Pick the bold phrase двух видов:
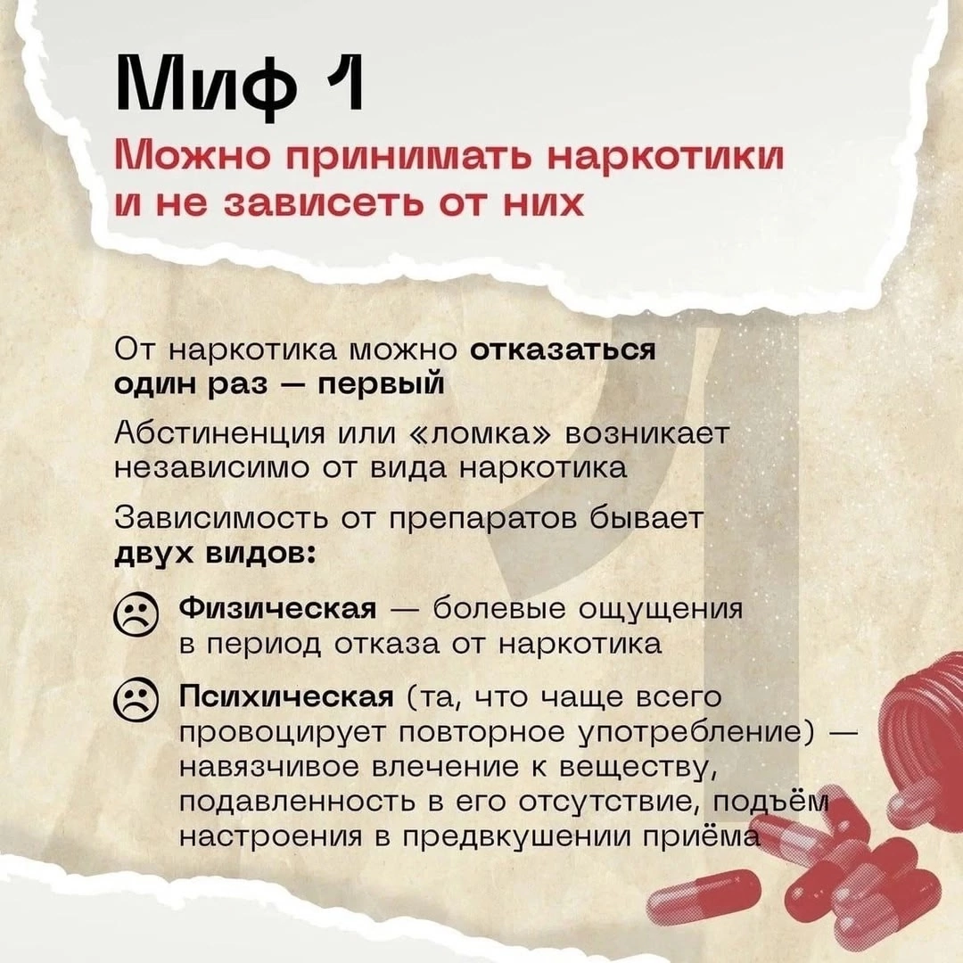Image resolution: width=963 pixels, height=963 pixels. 216,555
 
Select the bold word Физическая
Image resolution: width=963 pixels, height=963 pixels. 277,610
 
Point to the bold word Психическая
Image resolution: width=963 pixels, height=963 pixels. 285,697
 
